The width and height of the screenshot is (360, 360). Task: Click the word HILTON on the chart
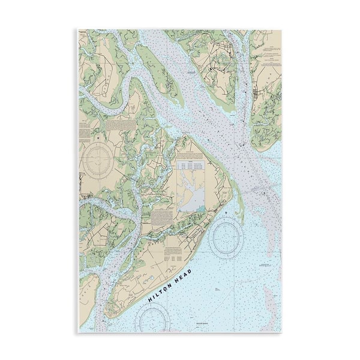tap(161, 290)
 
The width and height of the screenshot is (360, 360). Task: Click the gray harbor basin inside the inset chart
tap(191, 200)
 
